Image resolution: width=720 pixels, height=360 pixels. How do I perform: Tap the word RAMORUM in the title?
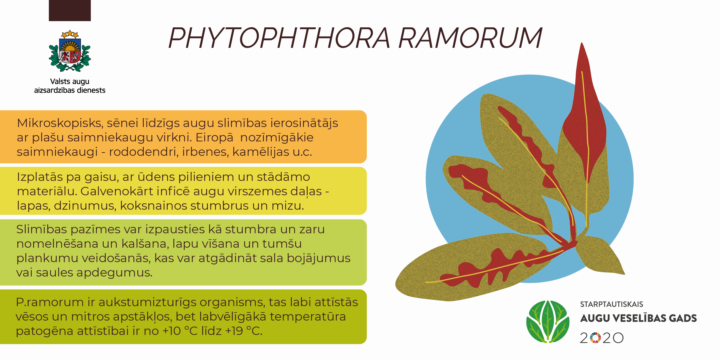(x=471, y=38)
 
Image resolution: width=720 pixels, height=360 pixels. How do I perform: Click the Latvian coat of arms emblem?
(x=70, y=51)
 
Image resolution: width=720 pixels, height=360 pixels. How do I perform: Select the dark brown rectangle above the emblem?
(x=70, y=10)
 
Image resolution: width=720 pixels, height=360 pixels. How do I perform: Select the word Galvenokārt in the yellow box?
(x=118, y=191)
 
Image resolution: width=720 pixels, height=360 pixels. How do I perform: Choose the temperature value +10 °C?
(x=180, y=331)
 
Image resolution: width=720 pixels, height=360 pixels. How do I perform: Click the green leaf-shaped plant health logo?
(x=548, y=322)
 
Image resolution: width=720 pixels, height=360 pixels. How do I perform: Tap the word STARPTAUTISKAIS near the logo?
(x=611, y=304)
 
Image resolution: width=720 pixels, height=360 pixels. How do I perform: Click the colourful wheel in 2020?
(x=595, y=338)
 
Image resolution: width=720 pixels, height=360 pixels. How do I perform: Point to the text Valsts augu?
(x=70, y=82)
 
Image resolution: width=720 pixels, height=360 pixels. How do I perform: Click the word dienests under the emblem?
(x=91, y=90)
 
